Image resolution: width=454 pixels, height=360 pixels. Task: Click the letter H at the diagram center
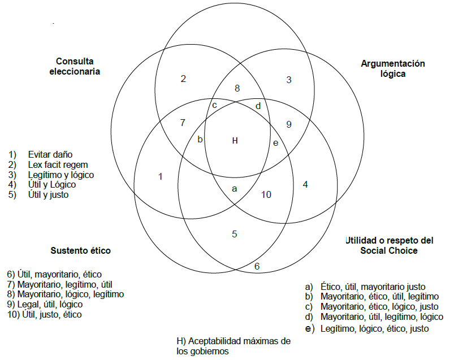pos(235,141)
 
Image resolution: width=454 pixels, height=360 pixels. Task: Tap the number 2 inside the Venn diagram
pos(183,79)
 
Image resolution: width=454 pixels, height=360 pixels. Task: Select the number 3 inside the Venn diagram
pos(288,80)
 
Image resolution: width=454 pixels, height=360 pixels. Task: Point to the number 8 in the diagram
pos(237,88)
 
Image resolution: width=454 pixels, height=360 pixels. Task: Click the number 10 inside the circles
pos(266,194)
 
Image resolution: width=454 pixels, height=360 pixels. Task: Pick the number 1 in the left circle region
pos(161,176)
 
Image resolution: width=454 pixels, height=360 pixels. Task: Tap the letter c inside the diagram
pos(215,105)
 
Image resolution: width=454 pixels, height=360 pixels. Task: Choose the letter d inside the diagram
pos(258,106)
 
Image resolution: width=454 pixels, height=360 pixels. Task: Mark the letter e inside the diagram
pos(275,142)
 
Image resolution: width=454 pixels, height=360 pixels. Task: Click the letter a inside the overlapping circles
pos(235,189)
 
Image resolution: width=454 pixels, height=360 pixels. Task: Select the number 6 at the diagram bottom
pos(257,266)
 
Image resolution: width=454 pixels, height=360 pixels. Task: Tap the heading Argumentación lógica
pos(392,68)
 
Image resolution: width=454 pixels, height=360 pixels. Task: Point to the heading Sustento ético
pos(80,250)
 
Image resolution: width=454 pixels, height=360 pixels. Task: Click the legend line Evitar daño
pos(50,154)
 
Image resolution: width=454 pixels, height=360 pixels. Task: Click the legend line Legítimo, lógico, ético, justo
pos(374,328)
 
